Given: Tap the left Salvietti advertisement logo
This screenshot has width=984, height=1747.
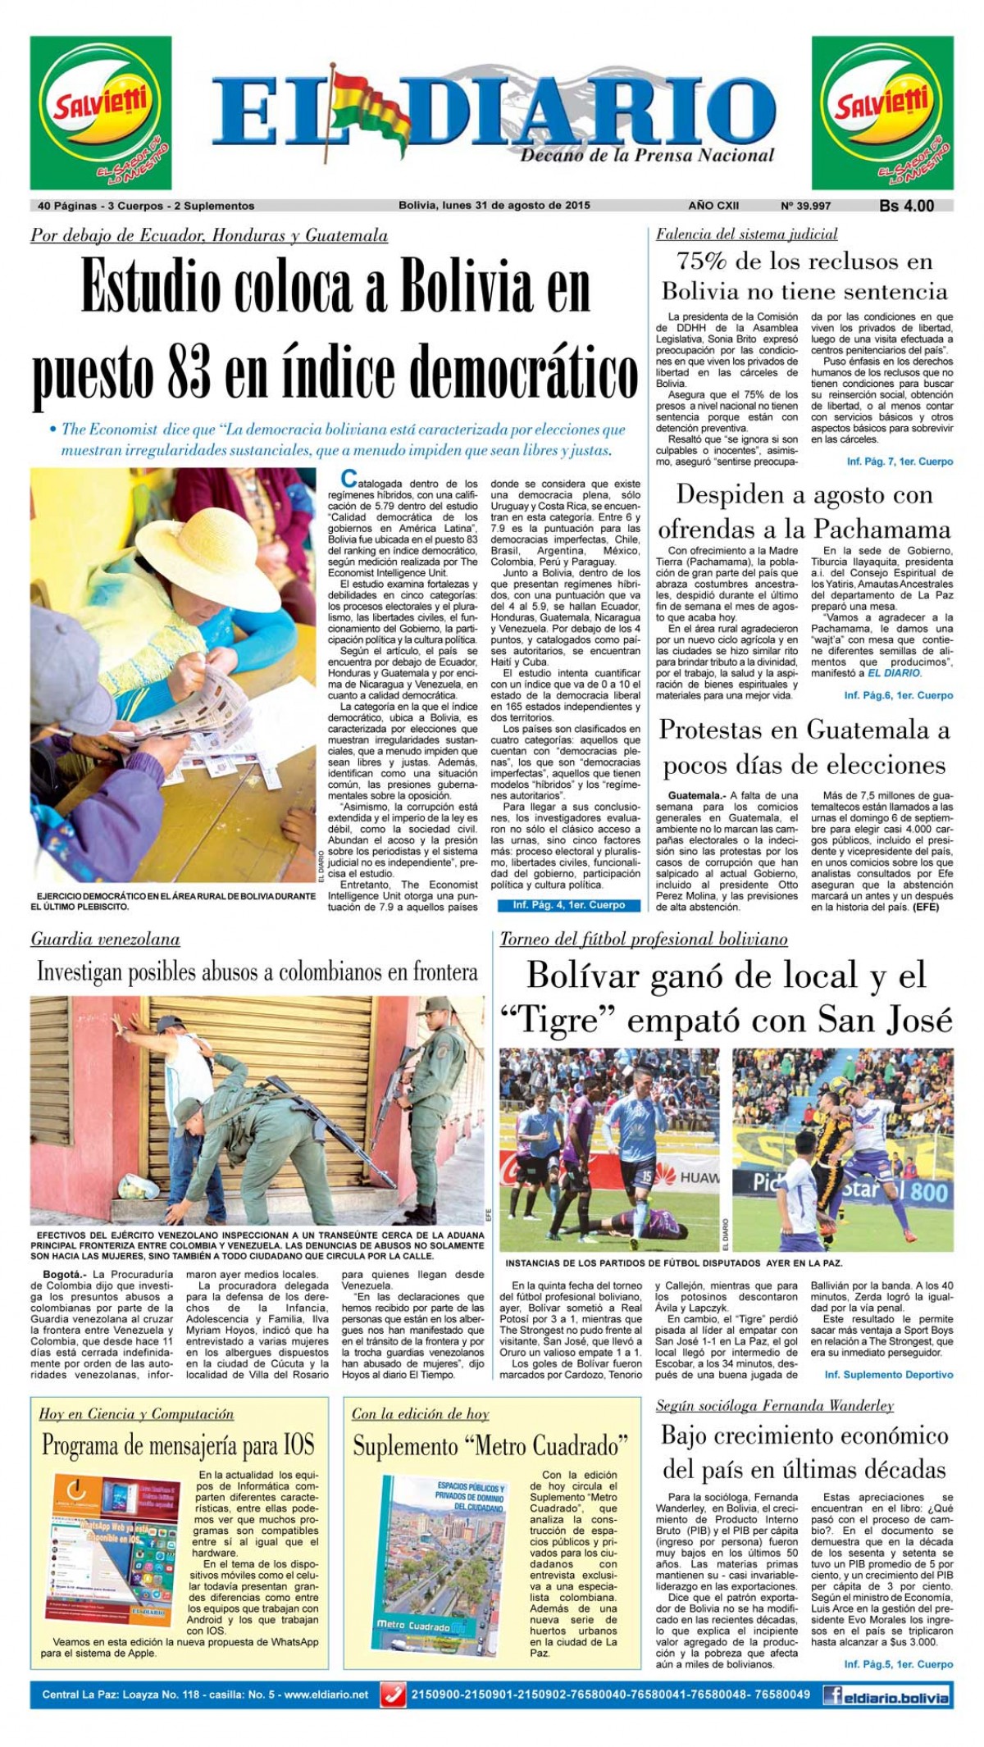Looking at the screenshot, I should point(101,112).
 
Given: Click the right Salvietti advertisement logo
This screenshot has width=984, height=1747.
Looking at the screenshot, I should point(882,112).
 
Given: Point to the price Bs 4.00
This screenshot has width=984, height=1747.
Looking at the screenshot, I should point(906,206).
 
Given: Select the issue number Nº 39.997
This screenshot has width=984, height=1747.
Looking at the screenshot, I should point(805,206).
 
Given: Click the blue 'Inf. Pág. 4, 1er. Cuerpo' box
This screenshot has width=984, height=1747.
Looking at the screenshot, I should point(569,905).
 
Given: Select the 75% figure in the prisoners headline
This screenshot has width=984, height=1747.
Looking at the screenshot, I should point(702,262).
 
